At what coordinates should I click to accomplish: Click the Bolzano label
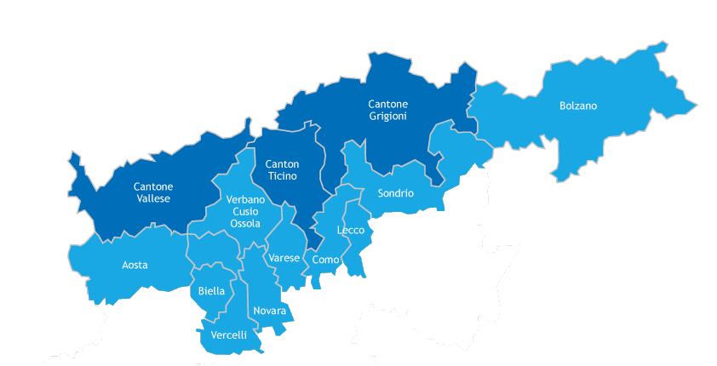pyautogui.click(x=578, y=106)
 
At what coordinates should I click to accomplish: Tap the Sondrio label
pyautogui.click(x=395, y=193)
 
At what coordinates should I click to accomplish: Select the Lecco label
pyautogui.click(x=351, y=231)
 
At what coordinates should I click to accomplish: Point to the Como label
pyautogui.click(x=326, y=260)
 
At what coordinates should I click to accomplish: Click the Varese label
pyautogui.click(x=284, y=258)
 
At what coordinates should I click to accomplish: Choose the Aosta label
pyautogui.click(x=135, y=265)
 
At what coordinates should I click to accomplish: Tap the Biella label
pyautogui.click(x=211, y=291)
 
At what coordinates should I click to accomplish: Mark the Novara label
pyautogui.click(x=270, y=311)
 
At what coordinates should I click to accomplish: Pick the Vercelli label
pyautogui.click(x=229, y=335)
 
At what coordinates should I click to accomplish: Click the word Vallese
pyautogui.click(x=153, y=198)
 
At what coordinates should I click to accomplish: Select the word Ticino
pyautogui.click(x=282, y=176)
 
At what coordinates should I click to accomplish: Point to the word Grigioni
pyautogui.click(x=388, y=116)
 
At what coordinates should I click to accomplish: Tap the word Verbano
pyautogui.click(x=245, y=199)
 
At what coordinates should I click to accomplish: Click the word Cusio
pyautogui.click(x=245, y=211)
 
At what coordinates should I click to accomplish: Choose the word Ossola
pyautogui.click(x=245, y=223)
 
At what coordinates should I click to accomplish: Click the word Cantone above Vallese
pyautogui.click(x=153, y=186)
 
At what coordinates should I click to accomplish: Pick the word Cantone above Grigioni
pyautogui.click(x=388, y=104)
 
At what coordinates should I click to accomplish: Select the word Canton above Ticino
pyautogui.click(x=282, y=164)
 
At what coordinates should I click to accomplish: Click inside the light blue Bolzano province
pyautogui.click(x=613, y=136)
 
